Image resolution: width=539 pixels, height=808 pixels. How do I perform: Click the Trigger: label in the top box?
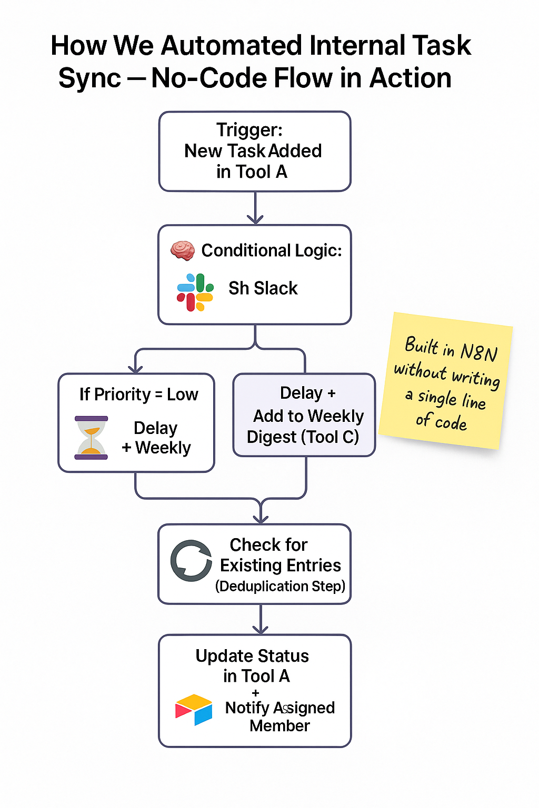(249, 130)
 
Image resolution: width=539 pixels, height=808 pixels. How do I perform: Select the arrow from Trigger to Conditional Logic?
(255, 209)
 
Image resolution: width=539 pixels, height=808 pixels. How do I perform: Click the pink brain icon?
(183, 250)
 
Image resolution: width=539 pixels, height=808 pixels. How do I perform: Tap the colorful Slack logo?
(195, 292)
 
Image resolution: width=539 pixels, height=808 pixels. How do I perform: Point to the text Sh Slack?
(263, 288)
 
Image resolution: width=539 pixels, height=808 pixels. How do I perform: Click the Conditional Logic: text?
(272, 250)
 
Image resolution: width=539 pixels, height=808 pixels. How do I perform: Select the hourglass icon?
(91, 438)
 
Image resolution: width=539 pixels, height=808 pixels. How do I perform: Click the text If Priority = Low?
(138, 394)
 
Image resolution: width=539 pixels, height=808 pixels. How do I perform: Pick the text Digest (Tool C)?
(303, 437)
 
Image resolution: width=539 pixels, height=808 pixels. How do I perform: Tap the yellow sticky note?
(446, 382)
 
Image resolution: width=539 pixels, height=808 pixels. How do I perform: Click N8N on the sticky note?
(478, 352)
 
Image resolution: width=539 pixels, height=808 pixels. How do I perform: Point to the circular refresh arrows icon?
(191, 560)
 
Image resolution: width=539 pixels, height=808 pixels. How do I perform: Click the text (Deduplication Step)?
(280, 586)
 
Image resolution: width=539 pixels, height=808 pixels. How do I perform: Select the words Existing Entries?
(280, 565)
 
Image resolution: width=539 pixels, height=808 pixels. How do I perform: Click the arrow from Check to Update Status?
(261, 620)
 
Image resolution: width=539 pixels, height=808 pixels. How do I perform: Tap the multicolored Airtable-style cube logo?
(194, 710)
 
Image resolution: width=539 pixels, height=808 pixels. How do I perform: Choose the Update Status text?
(252, 656)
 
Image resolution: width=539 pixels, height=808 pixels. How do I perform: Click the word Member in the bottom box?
(280, 726)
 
